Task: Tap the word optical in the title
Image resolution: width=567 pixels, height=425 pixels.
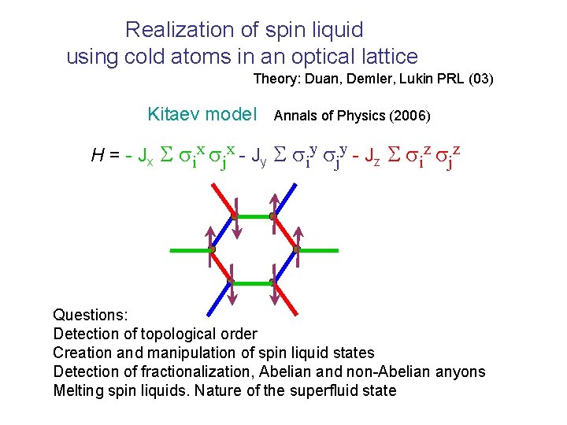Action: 324,57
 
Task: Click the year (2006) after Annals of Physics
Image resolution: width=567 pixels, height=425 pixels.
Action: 409,116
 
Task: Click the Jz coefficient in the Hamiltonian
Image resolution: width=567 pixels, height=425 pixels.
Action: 374,157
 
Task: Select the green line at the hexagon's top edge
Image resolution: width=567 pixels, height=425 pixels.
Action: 254,216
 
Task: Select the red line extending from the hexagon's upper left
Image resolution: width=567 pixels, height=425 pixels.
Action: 223,198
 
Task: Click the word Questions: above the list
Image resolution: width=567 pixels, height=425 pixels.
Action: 90,315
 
